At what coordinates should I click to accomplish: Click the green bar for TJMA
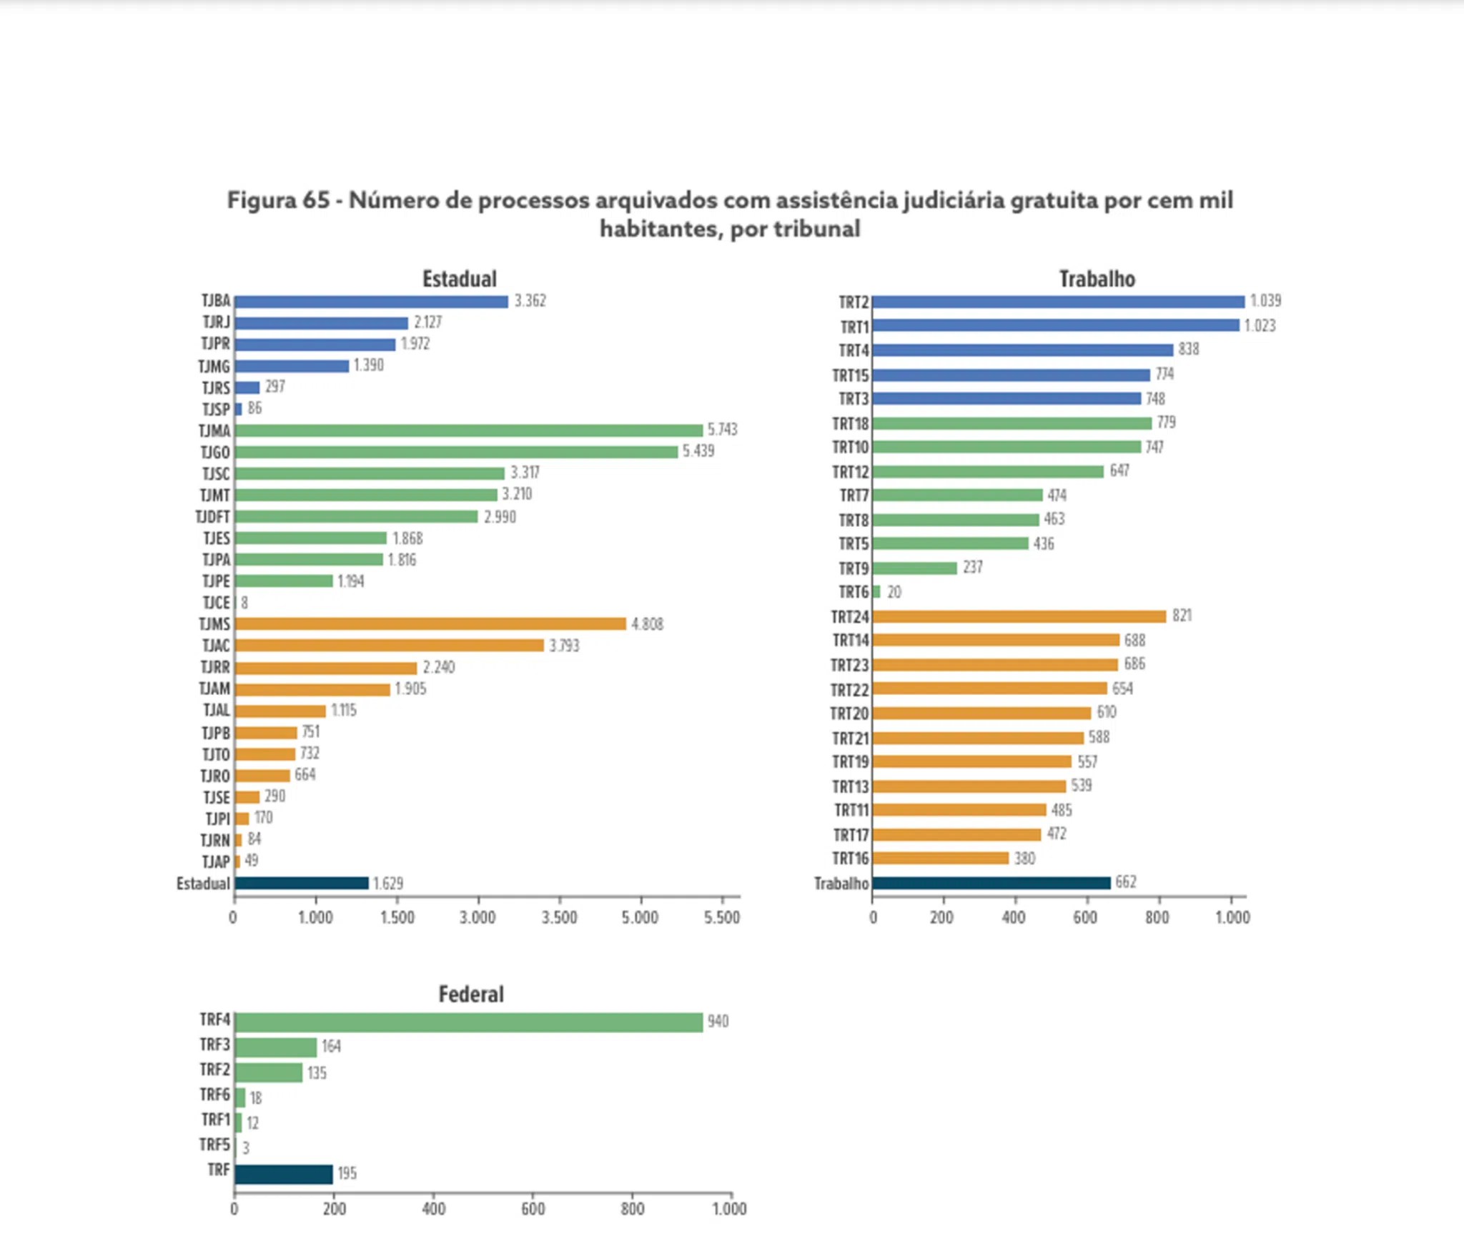click(468, 430)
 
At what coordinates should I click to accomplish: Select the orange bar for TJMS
click(430, 624)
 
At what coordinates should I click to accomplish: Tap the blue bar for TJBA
click(371, 302)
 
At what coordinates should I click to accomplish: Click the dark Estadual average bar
click(301, 884)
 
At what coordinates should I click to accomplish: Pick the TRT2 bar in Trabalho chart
click(1058, 302)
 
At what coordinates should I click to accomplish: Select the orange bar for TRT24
click(1019, 616)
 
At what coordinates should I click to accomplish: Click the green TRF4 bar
click(468, 1022)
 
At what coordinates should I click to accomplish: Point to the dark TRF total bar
click(284, 1174)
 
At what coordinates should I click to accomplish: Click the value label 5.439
click(698, 451)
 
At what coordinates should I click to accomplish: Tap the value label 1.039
click(1265, 301)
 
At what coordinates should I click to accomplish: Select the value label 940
click(718, 1022)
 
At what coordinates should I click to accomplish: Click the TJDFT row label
click(212, 517)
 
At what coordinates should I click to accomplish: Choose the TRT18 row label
click(850, 424)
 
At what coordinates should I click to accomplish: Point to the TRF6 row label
click(214, 1095)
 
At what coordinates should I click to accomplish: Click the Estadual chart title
click(459, 279)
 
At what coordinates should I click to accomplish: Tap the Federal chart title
click(470, 994)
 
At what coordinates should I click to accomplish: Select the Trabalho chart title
click(1097, 279)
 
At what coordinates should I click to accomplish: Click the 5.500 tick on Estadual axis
click(722, 918)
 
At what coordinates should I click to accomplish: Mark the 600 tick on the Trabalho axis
click(1085, 918)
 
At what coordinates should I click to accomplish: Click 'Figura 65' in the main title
click(278, 200)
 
